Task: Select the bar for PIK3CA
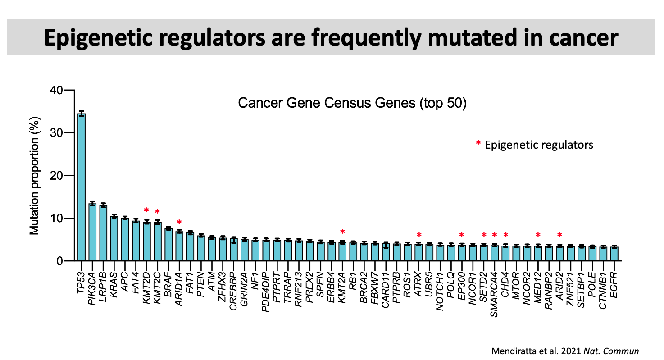(92, 232)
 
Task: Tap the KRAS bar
(114, 239)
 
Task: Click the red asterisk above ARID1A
(179, 223)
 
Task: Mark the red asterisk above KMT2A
(342, 232)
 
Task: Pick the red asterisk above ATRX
(419, 235)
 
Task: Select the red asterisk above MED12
(538, 235)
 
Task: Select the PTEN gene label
(201, 278)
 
